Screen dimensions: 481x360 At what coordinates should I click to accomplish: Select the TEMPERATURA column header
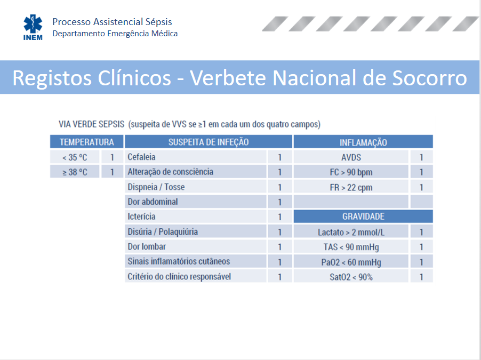pyautogui.click(x=87, y=142)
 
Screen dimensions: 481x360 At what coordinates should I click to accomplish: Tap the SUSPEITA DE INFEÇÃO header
pyautogui.click(x=209, y=142)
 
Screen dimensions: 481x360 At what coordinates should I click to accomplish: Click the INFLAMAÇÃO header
pyautogui.click(x=363, y=142)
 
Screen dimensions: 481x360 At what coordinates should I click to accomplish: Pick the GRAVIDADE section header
pyautogui.click(x=363, y=217)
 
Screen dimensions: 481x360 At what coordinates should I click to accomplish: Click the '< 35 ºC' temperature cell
pyautogui.click(x=75, y=157)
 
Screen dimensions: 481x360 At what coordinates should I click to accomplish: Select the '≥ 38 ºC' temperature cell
pyautogui.click(x=75, y=172)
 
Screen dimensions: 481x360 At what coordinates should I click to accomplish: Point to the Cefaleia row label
pyautogui.click(x=141, y=157)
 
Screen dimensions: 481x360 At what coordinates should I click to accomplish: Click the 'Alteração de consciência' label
pyautogui.click(x=170, y=172)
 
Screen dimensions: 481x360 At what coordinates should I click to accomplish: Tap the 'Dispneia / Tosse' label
pyautogui.click(x=156, y=187)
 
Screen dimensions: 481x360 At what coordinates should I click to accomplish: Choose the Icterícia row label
pyautogui.click(x=141, y=217)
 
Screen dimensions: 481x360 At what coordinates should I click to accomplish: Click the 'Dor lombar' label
pyautogui.click(x=147, y=246)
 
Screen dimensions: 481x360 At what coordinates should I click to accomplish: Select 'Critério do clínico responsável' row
pyautogui.click(x=179, y=276)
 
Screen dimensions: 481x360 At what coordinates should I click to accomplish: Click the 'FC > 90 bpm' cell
pyautogui.click(x=351, y=172)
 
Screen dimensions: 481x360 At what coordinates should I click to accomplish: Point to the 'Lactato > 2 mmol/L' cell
pyautogui.click(x=351, y=232)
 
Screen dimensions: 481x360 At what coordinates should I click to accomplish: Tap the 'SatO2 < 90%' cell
pyautogui.click(x=351, y=277)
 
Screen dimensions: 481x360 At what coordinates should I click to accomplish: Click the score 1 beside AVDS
pyautogui.click(x=421, y=157)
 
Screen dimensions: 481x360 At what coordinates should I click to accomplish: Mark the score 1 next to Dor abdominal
pyautogui.click(x=280, y=202)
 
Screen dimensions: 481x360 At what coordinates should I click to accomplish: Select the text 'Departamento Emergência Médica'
pyautogui.click(x=115, y=33)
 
